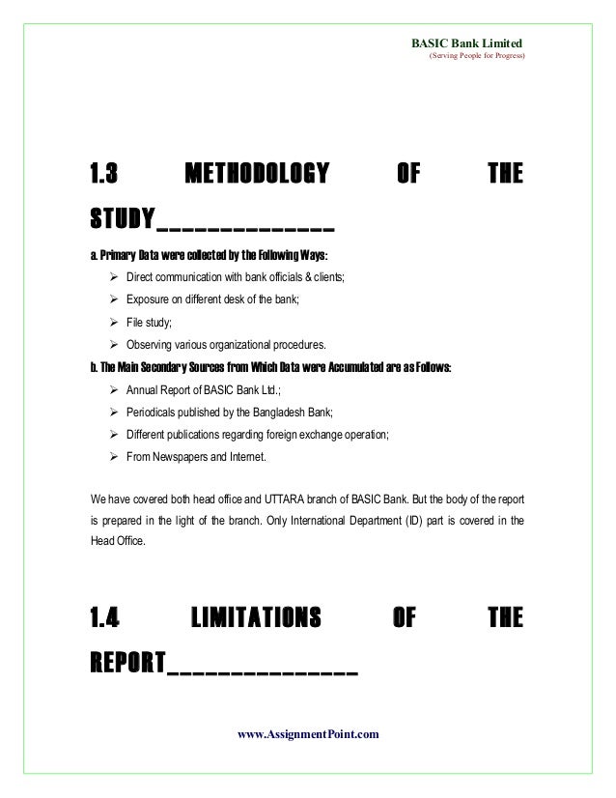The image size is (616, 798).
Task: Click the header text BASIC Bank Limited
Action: pyautogui.click(x=467, y=43)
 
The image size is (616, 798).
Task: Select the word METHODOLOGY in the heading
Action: pyautogui.click(x=256, y=175)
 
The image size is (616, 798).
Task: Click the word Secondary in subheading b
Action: pyautogui.click(x=152, y=368)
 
